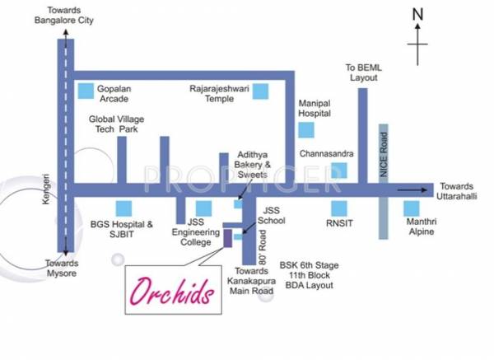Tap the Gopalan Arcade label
point(120,92)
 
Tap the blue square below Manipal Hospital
point(306,131)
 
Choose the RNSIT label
point(340,223)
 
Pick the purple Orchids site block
point(227,239)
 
